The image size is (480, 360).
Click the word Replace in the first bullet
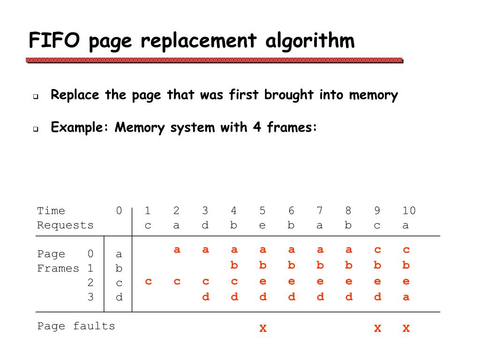(x=75, y=95)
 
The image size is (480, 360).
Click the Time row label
(x=51, y=210)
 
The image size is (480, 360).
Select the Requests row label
(x=65, y=225)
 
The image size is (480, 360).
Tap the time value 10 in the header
(x=409, y=210)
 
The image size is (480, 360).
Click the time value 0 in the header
(x=119, y=210)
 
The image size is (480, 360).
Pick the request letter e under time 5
(x=262, y=225)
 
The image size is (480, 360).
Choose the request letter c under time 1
(x=148, y=225)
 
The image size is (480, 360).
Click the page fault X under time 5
(x=263, y=328)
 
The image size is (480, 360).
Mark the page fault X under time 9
(x=378, y=328)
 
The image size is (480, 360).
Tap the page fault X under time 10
(x=406, y=328)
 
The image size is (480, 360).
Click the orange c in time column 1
(x=148, y=282)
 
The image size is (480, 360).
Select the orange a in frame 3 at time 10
(x=406, y=297)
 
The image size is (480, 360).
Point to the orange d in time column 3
(x=205, y=297)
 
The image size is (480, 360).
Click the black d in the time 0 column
(x=119, y=297)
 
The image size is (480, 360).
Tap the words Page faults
(x=76, y=326)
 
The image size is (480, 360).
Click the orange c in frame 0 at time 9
(x=378, y=250)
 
